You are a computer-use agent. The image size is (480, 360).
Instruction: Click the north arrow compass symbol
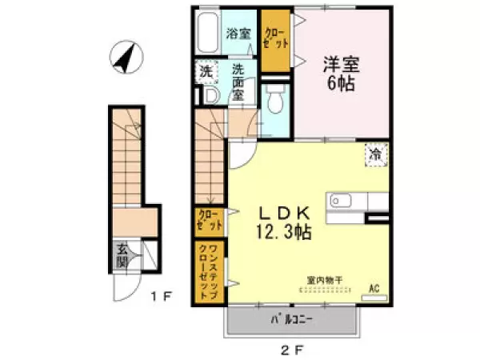pyautogui.click(x=126, y=58)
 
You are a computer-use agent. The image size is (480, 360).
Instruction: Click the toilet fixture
pyautogui.click(x=276, y=100)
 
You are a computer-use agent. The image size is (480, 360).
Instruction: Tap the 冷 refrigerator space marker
pyautogui.click(x=376, y=153)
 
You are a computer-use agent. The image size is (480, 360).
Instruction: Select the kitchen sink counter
pyautogui.click(x=347, y=204)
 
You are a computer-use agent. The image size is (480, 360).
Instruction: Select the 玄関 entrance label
pyautogui.click(x=122, y=255)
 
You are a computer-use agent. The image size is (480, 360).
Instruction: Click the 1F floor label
pyautogui.click(x=163, y=296)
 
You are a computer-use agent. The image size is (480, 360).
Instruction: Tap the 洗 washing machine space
pyautogui.click(x=207, y=72)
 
